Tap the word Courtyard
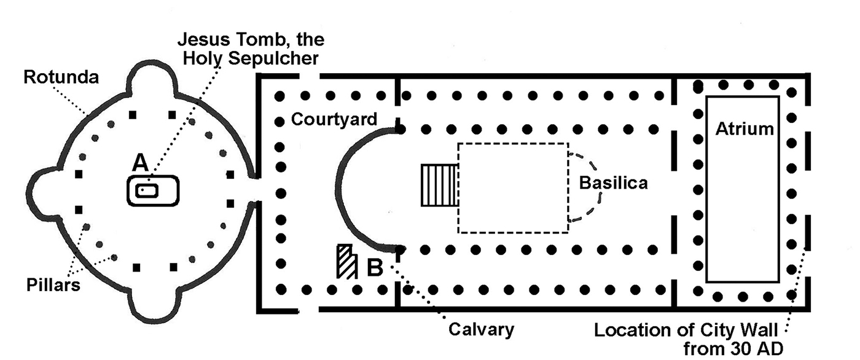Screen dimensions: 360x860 click(334, 119)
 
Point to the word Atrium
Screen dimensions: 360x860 click(744, 129)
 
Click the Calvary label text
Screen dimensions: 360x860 click(481, 329)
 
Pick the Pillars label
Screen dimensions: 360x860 click(53, 284)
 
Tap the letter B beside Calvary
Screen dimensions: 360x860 click(375, 268)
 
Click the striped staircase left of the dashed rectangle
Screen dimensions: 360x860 click(439, 185)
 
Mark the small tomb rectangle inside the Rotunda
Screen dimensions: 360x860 click(147, 191)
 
